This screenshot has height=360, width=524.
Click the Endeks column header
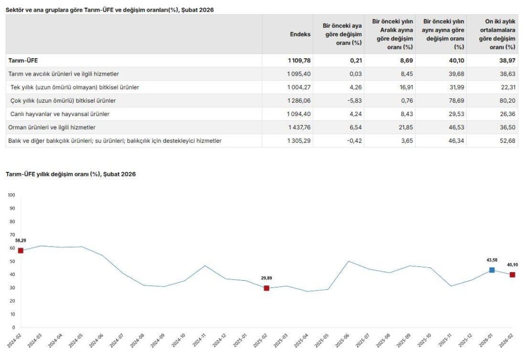coord(300,34)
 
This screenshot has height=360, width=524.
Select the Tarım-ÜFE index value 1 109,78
coord(299,60)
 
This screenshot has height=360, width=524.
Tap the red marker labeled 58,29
coord(20,251)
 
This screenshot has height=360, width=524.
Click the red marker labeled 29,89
coord(267,288)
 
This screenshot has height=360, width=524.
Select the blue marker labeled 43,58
coord(492,270)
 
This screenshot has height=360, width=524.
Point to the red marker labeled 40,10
coord(512,275)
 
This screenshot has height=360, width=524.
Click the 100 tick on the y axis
coord(12,195)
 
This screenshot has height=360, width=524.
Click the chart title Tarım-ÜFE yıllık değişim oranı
coord(71,174)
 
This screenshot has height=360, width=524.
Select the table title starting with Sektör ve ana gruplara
coord(110,10)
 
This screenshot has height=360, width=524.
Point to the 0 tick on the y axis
coord(14,328)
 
